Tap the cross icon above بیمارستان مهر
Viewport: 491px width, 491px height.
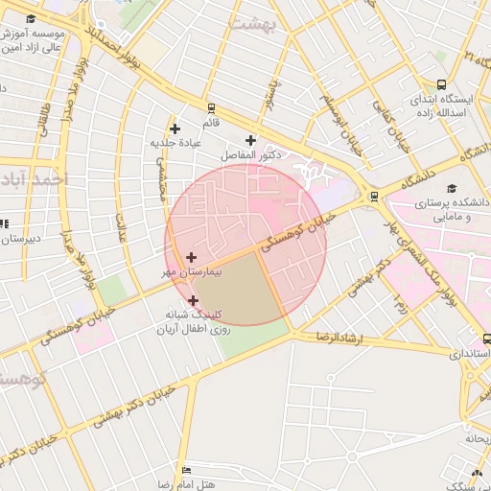(x=192, y=257)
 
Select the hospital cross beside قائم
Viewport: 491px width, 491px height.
(x=175, y=129)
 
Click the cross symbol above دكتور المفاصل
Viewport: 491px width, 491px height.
(x=251, y=140)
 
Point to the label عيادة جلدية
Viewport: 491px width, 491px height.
(x=175, y=143)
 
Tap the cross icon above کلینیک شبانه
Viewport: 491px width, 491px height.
(x=194, y=300)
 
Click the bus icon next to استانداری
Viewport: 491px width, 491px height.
(x=487, y=339)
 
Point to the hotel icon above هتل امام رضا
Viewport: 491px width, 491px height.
(x=186, y=470)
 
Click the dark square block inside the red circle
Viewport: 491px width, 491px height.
(x=236, y=288)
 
